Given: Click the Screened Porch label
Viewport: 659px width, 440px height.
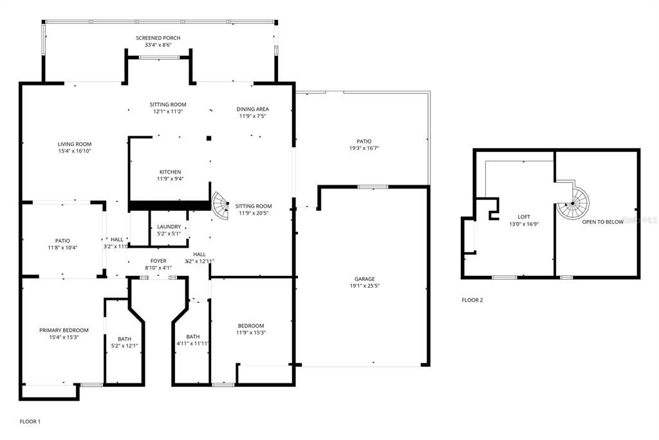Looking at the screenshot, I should [158, 38].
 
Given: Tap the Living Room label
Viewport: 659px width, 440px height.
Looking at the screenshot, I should [75, 144].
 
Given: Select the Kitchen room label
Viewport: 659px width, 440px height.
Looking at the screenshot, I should [171, 172].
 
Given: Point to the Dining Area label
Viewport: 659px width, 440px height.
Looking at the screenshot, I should [253, 109].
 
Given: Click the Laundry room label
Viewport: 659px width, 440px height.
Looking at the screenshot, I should [169, 226].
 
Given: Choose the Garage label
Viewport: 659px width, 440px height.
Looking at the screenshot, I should [364, 279].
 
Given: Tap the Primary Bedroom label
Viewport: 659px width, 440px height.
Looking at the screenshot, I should [64, 330].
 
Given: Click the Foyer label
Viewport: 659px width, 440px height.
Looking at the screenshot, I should [158, 261].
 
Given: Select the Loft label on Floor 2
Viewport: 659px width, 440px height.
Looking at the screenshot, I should [523, 217].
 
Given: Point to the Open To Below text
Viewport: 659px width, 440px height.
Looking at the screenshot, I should [602, 222].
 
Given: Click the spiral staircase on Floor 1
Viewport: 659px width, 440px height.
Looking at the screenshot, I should [221, 207].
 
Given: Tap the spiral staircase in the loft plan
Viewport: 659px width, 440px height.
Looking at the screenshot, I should [572, 203].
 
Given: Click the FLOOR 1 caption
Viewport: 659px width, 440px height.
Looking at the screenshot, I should [30, 421].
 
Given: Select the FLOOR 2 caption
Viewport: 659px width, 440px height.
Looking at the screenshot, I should [472, 300].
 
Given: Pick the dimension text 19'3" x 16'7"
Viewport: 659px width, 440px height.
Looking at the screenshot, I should [364, 149].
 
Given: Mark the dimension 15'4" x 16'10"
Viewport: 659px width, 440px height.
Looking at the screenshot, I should [75, 151].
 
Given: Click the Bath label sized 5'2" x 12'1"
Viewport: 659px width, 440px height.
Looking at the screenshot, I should [124, 339].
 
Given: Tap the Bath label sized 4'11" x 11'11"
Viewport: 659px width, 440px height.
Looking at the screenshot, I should [193, 336].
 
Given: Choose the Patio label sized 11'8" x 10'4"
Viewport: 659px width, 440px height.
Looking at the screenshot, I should [62, 241].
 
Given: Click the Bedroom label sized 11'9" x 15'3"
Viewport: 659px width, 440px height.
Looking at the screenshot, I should [251, 325].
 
